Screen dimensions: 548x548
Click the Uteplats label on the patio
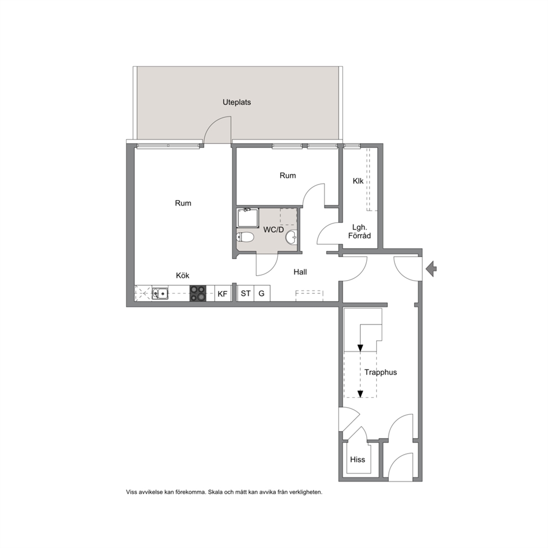pyautogui.click(x=236, y=102)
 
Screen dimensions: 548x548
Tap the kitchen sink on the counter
pyautogui.click(x=160, y=293)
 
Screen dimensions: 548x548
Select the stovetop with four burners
pyautogui.click(x=198, y=293)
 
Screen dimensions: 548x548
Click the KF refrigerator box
pyautogui.click(x=223, y=293)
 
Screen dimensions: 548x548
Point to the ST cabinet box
pyautogui.click(x=246, y=293)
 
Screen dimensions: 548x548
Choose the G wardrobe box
pyautogui.click(x=262, y=293)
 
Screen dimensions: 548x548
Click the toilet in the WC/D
pyautogui.click(x=245, y=238)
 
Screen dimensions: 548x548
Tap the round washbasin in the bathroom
pyautogui.click(x=292, y=238)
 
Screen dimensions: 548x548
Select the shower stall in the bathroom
pyautogui.click(x=247, y=218)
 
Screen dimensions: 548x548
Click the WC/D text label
pyautogui.click(x=273, y=230)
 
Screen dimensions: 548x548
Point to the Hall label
pyautogui.click(x=300, y=272)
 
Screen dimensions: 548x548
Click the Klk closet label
pyautogui.click(x=358, y=181)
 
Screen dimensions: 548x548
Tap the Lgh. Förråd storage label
pyautogui.click(x=360, y=231)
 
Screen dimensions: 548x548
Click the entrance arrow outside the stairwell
pyautogui.click(x=431, y=269)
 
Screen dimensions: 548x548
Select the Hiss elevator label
pyautogui.click(x=357, y=460)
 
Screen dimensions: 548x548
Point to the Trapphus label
pyautogui.click(x=381, y=372)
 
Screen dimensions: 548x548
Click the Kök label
pyautogui.click(x=183, y=276)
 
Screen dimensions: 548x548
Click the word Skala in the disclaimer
pyautogui.click(x=215, y=492)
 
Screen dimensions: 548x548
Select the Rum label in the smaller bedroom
pyautogui.click(x=288, y=176)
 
